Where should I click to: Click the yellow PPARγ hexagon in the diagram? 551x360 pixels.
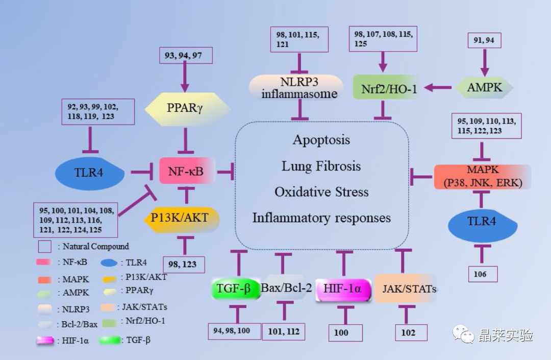[x=187, y=109]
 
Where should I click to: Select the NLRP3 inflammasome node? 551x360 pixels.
[x=296, y=87]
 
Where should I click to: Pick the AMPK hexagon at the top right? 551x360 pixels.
[x=484, y=87]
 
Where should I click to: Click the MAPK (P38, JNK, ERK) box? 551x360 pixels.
[x=483, y=177]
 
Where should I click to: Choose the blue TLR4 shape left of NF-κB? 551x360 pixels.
[x=90, y=173]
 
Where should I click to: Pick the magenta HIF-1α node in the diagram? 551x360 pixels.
[x=343, y=290]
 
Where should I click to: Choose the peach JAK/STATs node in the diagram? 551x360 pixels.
[x=406, y=289]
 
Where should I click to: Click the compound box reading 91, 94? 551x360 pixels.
[x=484, y=40]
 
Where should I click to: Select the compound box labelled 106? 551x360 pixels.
[x=483, y=274]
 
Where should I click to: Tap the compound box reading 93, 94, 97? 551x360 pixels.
[x=186, y=55]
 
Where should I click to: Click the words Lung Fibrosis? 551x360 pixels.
[x=321, y=166]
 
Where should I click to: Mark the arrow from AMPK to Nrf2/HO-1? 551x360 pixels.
[x=438, y=87]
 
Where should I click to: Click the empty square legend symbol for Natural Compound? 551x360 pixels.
[x=44, y=247]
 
